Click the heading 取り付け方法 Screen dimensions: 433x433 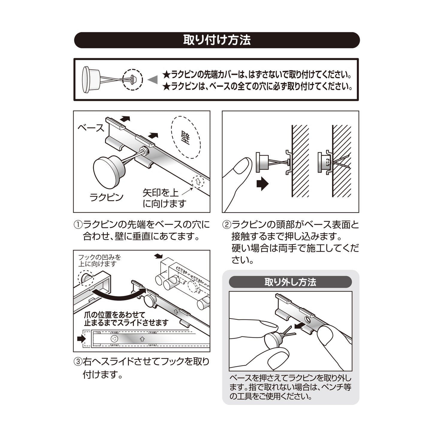217,40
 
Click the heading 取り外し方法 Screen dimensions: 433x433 290,282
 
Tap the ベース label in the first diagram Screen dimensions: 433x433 91,128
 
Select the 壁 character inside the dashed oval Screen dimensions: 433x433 185,138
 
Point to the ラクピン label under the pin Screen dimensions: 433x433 106,197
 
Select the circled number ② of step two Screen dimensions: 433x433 227,225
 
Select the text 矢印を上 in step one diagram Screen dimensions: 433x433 160,193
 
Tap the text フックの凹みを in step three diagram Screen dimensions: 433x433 99,257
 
